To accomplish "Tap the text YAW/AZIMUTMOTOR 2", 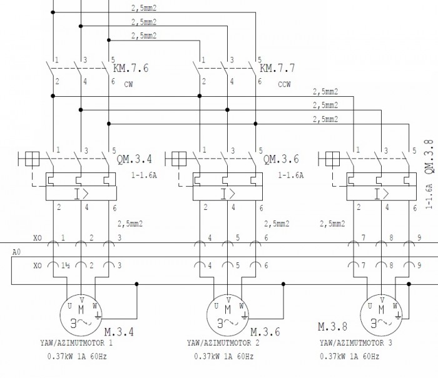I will [x=224, y=342].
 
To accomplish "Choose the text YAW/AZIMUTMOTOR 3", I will [x=356, y=342].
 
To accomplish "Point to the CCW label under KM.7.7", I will [x=284, y=84].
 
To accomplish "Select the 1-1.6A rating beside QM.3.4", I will [x=143, y=176].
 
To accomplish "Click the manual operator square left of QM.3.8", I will [x=327, y=159].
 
